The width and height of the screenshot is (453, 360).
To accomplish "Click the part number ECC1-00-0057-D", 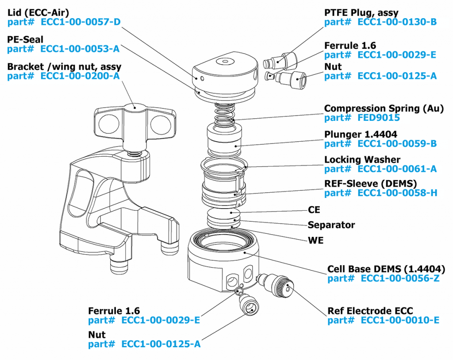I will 81,21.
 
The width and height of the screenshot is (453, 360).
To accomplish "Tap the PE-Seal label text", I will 25,39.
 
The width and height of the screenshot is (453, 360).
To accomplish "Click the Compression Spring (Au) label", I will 384,108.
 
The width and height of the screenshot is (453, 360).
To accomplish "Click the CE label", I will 314,209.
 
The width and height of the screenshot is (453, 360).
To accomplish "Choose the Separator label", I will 331,225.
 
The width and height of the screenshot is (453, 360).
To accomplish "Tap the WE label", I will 315,240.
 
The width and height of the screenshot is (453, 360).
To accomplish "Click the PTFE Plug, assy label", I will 361,12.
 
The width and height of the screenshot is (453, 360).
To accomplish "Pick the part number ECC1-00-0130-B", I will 397,21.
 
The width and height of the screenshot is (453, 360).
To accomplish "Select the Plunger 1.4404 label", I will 361,134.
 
